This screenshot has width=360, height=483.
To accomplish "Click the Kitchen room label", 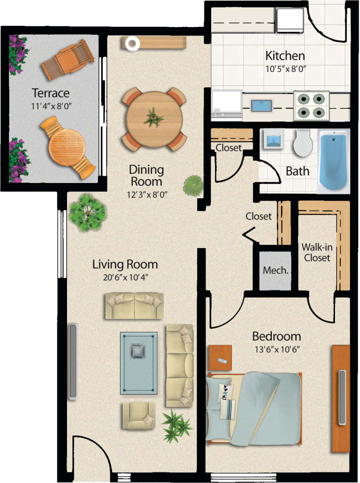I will [x=285, y=56].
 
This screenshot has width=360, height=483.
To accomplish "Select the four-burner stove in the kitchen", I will [x=312, y=106].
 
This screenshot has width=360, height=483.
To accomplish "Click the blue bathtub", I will [x=334, y=161].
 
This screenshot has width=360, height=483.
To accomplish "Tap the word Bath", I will [x=297, y=172].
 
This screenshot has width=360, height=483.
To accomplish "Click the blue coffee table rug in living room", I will [x=139, y=363].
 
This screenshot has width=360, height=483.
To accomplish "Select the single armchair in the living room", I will [x=139, y=415].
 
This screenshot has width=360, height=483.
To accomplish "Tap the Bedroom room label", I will [x=276, y=337].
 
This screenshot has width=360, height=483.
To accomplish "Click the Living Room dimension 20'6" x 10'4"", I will [x=125, y=278].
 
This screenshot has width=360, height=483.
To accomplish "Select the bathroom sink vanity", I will [x=272, y=139].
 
